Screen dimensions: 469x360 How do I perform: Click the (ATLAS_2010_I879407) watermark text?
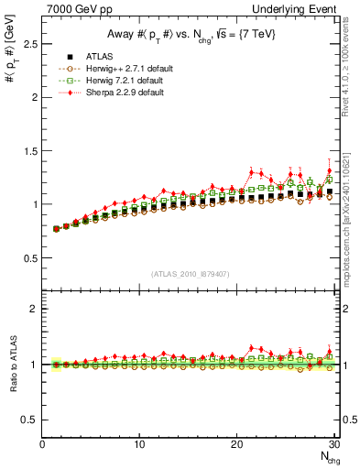[x=189, y=272]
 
